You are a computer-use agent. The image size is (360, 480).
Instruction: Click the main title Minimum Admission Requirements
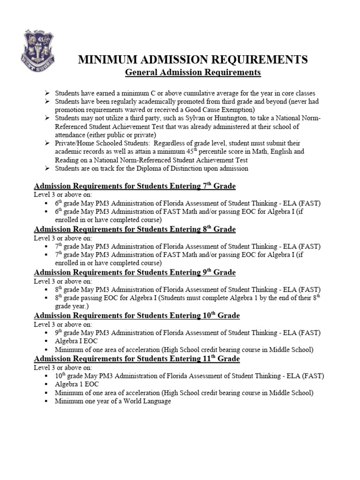point(192,60)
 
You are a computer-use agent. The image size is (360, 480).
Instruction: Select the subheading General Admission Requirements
point(192,73)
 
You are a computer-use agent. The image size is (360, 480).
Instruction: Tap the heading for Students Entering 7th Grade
point(135,187)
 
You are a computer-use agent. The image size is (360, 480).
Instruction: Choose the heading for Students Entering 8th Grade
point(135,229)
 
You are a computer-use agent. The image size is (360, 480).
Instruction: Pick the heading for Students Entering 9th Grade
point(135,272)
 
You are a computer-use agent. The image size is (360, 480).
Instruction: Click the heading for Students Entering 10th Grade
point(136,315)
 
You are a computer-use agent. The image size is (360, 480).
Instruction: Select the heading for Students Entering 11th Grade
point(136,359)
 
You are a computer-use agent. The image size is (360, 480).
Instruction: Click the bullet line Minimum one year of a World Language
point(113,402)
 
